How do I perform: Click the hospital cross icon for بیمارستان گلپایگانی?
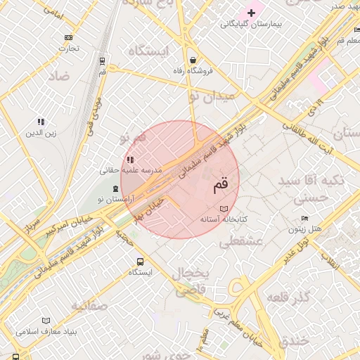[251, 13]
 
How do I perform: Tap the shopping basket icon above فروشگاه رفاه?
[193, 60]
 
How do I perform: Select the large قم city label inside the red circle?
[220, 186]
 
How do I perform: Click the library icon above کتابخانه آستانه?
[224, 209]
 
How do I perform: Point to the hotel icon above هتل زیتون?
[304, 219]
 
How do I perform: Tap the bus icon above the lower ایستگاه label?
[141, 261]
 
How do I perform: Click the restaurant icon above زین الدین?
[41, 122]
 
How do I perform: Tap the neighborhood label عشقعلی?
[240, 242]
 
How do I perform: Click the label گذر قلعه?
[289, 296]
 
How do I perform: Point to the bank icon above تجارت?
[69, 37]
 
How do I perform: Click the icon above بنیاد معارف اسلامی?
[46, 321]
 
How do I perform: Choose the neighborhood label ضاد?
[58, 75]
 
